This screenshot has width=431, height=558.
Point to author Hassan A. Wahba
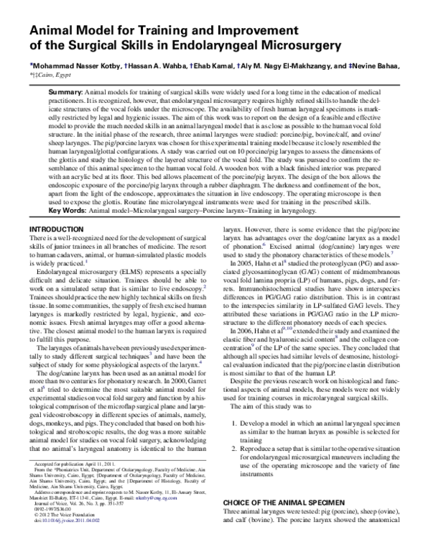(155, 64)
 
